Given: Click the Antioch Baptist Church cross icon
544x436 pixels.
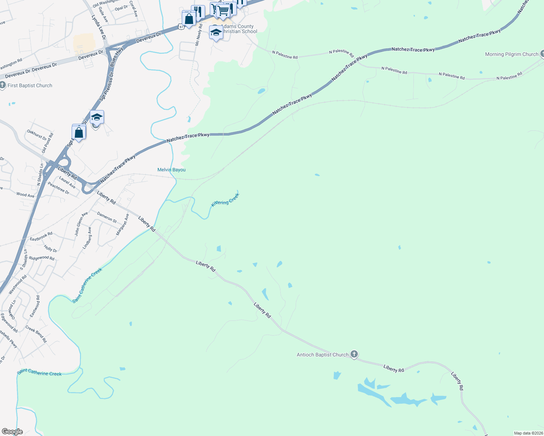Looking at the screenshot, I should coord(354,354).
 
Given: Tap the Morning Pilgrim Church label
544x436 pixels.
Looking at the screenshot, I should coord(511,54).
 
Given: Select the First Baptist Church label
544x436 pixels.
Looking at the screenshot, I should coord(30,86).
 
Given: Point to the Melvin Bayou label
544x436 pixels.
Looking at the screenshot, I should coord(171,170).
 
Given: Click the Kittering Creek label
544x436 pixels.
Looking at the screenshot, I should coord(225,200).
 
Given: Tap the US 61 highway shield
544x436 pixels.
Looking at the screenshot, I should coord(181,27).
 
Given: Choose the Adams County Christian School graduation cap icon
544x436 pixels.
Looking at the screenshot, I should coord(216,33).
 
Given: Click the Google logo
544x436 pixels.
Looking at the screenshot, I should coord(12,432).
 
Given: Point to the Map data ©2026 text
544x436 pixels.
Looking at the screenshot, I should coord(528,433).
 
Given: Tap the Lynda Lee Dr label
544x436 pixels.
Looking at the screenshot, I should coord(99,27).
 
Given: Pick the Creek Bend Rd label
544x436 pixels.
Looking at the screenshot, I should coord(36,334).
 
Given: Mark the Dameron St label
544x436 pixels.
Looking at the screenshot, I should coord(107,218).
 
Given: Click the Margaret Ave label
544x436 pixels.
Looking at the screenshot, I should coord(123,225).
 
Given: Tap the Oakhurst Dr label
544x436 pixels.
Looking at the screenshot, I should coord(37,135).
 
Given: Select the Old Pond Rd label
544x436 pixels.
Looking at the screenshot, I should coord(47,142).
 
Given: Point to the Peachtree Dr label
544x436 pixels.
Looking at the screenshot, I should coord(59,188).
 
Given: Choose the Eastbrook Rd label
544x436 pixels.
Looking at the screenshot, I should coord(41,237).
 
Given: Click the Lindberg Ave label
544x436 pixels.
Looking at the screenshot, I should coord(87,238).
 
